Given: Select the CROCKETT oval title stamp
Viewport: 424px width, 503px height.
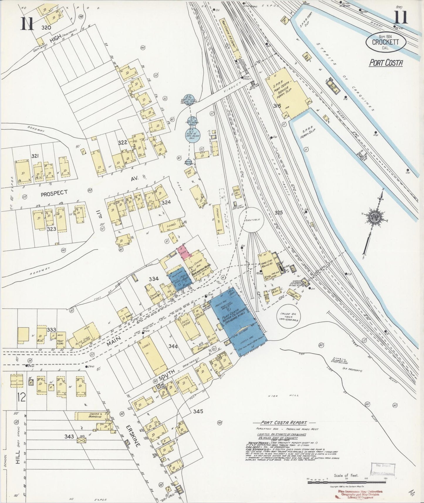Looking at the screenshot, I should (386, 43).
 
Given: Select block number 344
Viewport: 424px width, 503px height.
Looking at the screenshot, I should (173, 346).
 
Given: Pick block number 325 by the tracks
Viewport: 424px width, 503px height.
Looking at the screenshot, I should (278, 212).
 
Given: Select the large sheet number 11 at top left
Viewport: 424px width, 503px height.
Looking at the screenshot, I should (27, 24).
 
